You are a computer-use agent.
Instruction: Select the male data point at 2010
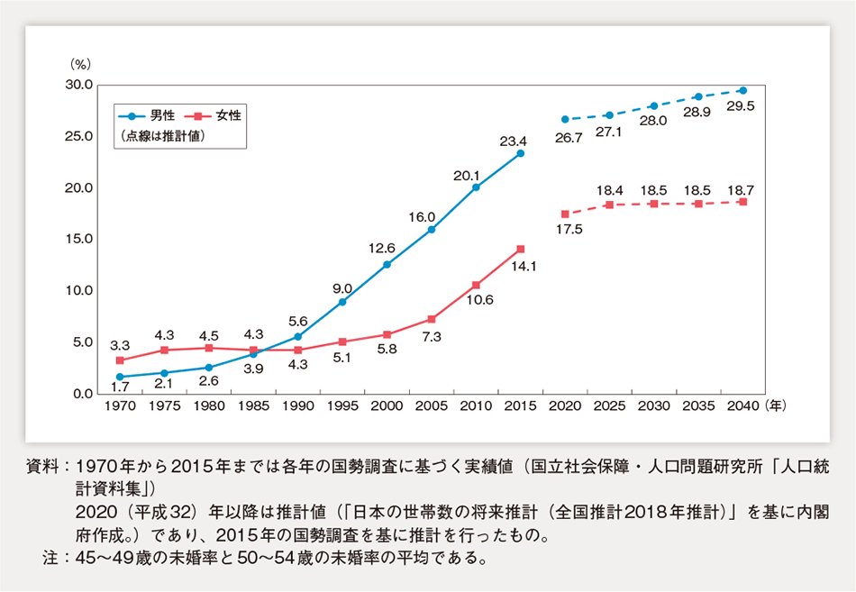[476, 187]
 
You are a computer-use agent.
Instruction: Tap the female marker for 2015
[520, 249]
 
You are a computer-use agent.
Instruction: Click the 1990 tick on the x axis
[299, 406]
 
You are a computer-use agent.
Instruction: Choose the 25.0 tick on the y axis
[78, 136]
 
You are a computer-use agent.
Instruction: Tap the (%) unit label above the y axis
[82, 65]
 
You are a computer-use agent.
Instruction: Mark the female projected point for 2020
[565, 214]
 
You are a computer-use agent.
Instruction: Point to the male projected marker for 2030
[653, 106]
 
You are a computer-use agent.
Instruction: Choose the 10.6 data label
[476, 301]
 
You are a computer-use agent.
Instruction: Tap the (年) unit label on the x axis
[777, 406]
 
